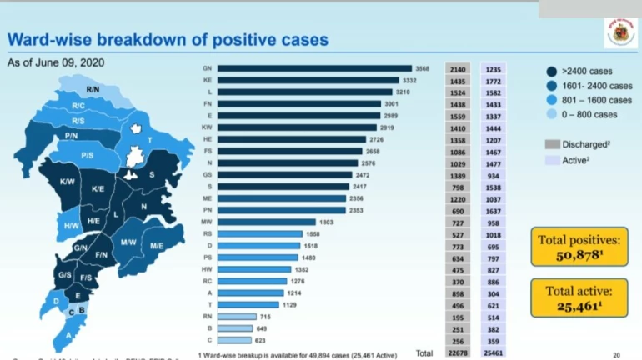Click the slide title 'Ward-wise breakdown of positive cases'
(168, 39)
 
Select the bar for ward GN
(316, 68)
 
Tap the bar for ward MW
(268, 222)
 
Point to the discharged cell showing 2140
(459, 68)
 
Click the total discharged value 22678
(459, 352)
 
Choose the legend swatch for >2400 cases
(553, 72)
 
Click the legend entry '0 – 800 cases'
(589, 114)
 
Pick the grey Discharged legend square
(552, 143)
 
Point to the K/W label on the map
(68, 182)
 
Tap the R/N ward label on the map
(93, 88)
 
